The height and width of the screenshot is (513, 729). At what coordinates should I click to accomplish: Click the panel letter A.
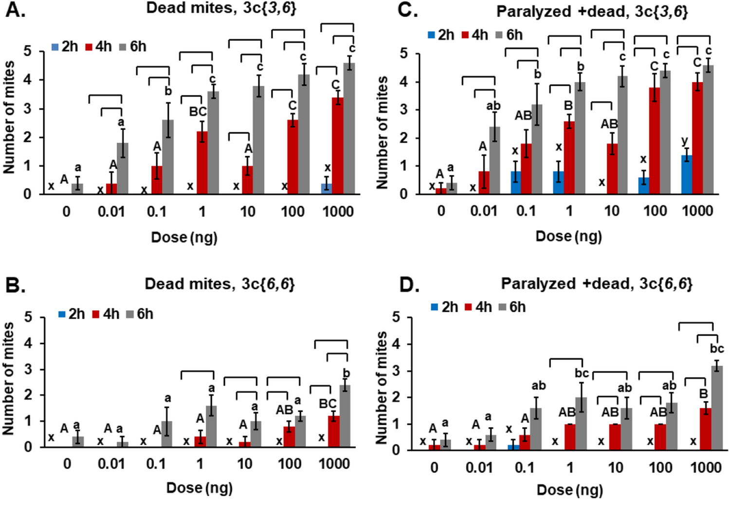click(15, 10)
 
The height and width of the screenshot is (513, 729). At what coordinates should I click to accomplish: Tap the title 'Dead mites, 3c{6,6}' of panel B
click(219, 284)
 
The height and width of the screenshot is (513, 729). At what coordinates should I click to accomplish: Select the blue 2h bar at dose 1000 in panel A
click(327, 189)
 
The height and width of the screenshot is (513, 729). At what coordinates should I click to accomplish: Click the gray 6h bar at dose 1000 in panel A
click(349, 128)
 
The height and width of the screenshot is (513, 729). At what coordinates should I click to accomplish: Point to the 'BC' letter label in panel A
click(198, 112)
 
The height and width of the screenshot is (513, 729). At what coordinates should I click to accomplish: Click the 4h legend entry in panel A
click(99, 47)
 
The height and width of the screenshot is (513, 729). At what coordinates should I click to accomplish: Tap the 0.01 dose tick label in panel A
click(111, 212)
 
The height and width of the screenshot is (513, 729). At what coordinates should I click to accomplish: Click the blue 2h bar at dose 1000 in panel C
click(687, 174)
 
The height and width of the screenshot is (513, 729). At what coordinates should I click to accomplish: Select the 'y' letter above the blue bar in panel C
click(685, 141)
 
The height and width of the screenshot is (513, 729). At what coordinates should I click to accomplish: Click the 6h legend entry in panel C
click(509, 35)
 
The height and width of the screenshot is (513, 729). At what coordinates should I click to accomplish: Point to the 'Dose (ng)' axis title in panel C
click(568, 237)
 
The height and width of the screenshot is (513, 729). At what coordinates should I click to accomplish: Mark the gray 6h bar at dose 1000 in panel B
click(345, 416)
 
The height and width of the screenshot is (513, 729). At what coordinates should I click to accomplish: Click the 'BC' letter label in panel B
click(328, 404)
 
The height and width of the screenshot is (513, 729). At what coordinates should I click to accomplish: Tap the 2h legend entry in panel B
click(72, 314)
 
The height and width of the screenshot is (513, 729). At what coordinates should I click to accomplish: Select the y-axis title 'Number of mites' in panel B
click(9, 379)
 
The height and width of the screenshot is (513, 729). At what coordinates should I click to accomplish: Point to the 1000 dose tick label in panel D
click(706, 468)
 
